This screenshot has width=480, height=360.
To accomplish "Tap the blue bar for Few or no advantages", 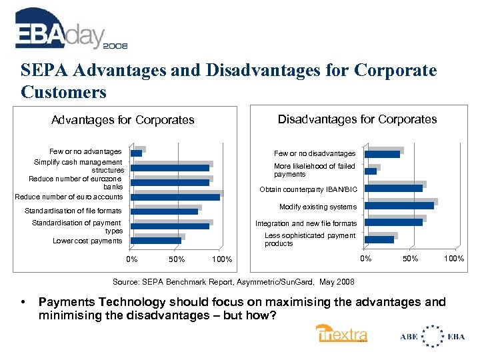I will [x=137, y=153].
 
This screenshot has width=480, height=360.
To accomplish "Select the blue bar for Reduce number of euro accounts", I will [x=175, y=197].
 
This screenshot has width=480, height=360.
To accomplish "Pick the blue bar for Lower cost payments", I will [x=156, y=240].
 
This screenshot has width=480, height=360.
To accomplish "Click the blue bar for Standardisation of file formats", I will [x=165, y=211].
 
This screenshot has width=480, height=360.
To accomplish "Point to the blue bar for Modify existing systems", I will [x=399, y=205].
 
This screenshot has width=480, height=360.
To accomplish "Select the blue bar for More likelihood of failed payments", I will [x=371, y=171].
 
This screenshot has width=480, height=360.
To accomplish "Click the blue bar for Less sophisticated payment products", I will [x=379, y=239].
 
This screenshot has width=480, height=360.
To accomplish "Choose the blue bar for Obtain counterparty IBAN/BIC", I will [x=393, y=188].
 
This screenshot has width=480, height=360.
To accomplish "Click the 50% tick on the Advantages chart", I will [x=177, y=259].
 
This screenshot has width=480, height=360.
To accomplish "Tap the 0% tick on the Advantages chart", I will [x=132, y=259].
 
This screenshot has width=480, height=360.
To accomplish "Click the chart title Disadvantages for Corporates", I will [x=357, y=119].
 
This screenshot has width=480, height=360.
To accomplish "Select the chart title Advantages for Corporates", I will [x=123, y=121].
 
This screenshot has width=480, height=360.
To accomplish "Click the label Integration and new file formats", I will [x=306, y=223].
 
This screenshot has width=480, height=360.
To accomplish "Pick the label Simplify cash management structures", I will [x=79, y=166].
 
